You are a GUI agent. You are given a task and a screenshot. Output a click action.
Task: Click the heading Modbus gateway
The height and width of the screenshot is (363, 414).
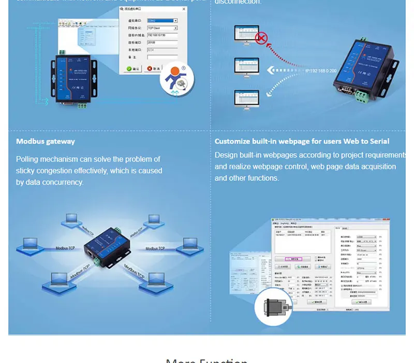46,142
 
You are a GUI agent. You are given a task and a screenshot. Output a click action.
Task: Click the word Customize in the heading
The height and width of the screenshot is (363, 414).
232,142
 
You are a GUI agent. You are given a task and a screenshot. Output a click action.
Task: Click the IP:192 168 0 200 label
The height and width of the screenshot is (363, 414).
320,71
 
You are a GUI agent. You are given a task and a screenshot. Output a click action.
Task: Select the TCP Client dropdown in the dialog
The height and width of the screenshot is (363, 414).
162,28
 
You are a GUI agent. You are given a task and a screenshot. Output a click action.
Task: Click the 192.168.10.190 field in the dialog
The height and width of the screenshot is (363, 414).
162,35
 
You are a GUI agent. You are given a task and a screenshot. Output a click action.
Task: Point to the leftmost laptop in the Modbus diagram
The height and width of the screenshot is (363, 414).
31,243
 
